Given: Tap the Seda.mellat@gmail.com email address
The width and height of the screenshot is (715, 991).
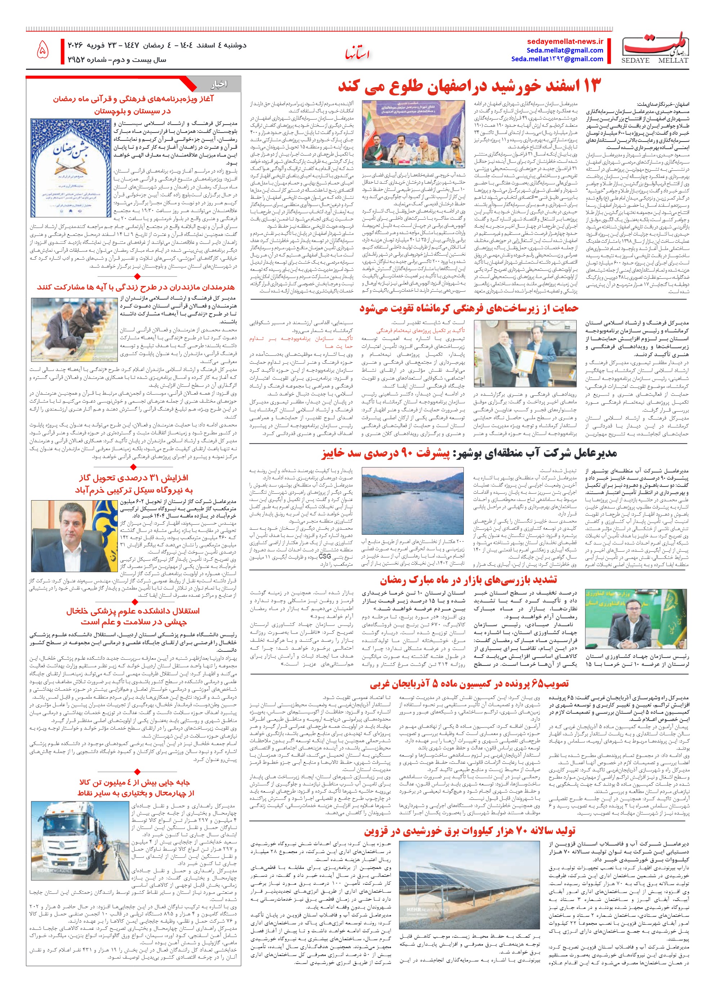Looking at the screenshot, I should coord(565,50).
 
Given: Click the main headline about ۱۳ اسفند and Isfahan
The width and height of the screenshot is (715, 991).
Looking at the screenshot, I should coord(470,86).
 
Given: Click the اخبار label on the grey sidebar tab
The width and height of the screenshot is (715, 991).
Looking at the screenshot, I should coord(219,84).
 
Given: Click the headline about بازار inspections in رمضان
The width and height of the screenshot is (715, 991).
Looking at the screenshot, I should coord(468,580).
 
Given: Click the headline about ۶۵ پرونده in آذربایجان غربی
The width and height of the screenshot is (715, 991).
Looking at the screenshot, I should coord(469,683).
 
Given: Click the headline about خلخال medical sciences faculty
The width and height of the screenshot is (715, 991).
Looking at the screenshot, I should coord(133,616).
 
